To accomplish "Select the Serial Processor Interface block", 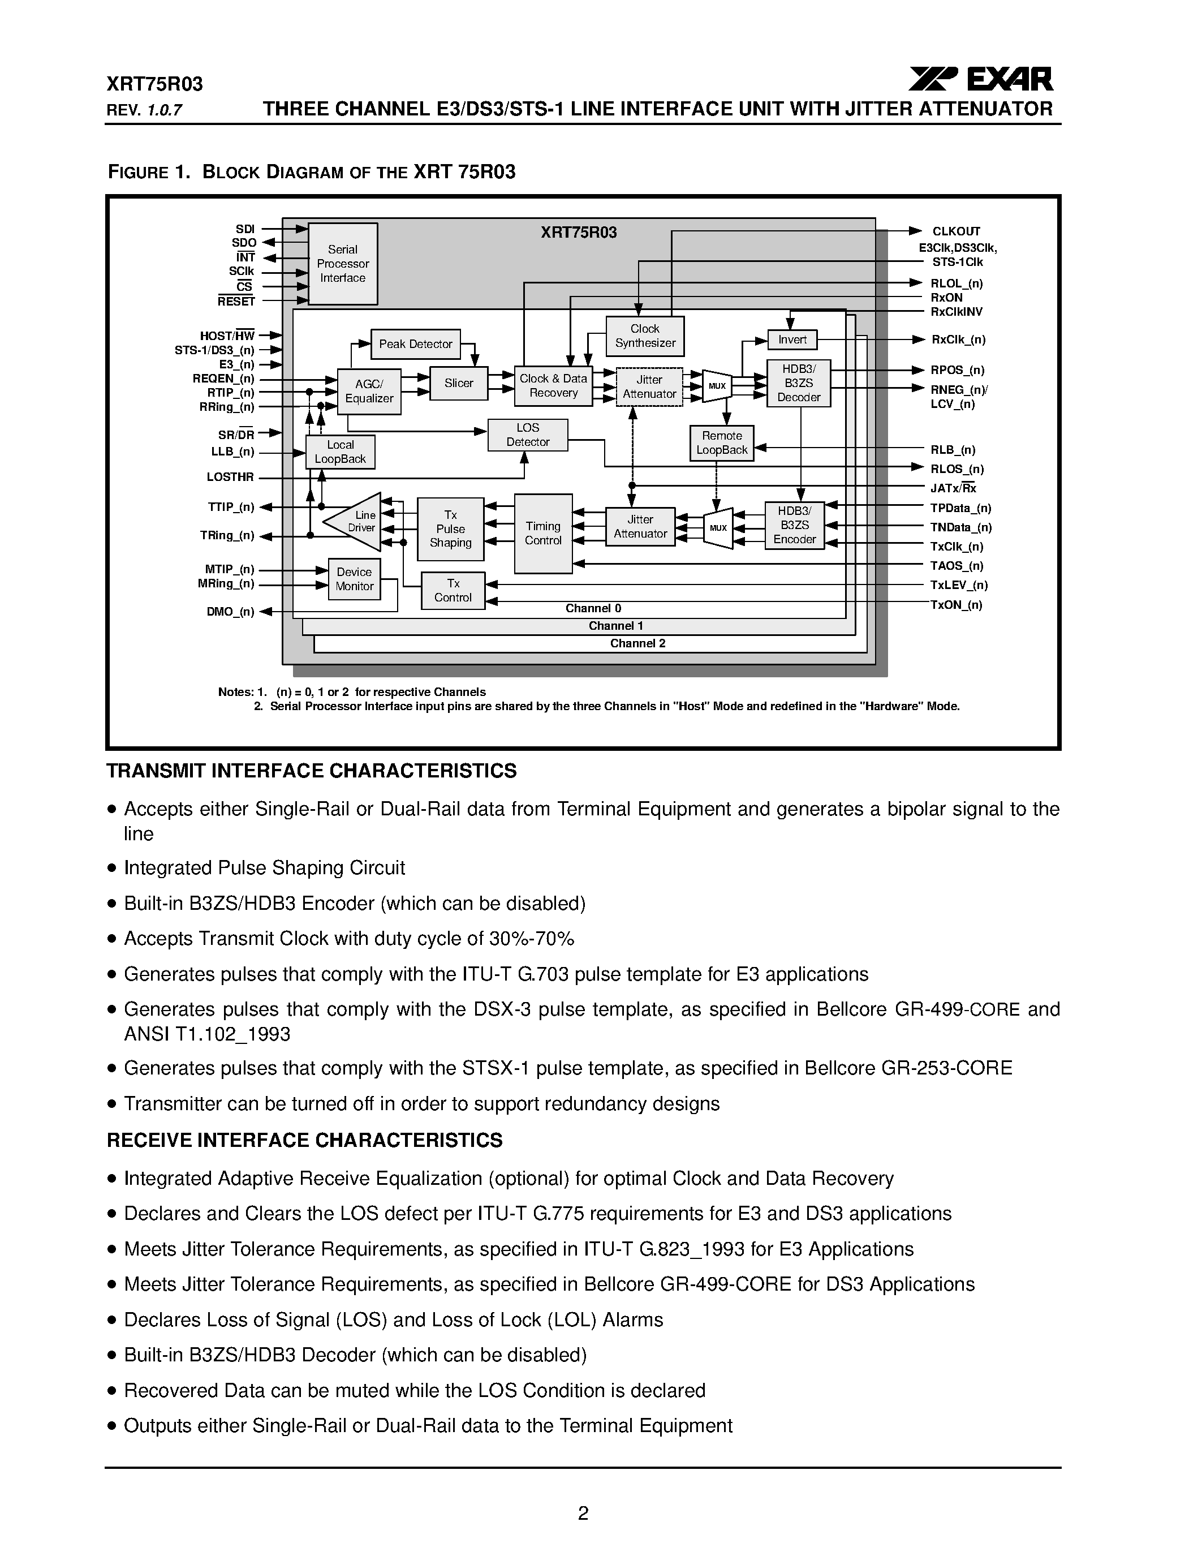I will click(x=343, y=264).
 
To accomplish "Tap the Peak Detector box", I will click(x=415, y=344).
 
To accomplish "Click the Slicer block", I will click(x=459, y=383).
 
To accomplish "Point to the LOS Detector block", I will click(x=528, y=435).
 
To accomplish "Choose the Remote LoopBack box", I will click(x=721, y=443).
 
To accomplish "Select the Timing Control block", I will click(x=542, y=534).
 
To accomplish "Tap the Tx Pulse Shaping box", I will click(x=450, y=528).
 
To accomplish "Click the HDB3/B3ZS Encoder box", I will click(x=794, y=525).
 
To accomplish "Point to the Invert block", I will click(x=792, y=340).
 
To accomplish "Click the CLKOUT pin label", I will click(x=955, y=231).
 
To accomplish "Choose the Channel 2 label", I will click(x=637, y=643).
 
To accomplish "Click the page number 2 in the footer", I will click(x=583, y=1513).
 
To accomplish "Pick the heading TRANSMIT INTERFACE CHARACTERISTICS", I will click(x=311, y=771).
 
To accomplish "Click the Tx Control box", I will click(x=453, y=591).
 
